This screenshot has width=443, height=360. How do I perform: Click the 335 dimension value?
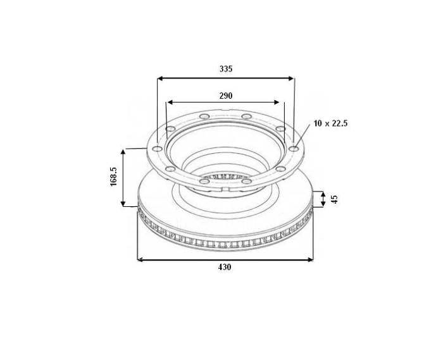(226, 69)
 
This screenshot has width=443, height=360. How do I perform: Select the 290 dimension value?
(226, 96)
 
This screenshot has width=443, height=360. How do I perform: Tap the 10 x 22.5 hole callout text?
(330, 123)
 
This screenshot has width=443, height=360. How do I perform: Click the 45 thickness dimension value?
(335, 199)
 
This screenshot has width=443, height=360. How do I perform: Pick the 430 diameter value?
(225, 268)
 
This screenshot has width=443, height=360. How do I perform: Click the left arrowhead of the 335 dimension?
(159, 79)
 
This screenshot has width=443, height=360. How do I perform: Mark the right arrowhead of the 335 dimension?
(292, 79)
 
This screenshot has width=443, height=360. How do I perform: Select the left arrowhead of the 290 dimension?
(169, 102)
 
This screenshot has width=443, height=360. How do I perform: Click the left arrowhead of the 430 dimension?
(140, 259)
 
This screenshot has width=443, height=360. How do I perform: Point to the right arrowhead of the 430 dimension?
(311, 259)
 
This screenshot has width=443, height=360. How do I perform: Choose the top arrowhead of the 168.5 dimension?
(124, 152)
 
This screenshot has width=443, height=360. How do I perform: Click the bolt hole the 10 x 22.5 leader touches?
(294, 149)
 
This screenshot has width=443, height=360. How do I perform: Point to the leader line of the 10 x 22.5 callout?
(304, 135)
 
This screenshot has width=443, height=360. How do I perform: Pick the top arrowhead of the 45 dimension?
(323, 194)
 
